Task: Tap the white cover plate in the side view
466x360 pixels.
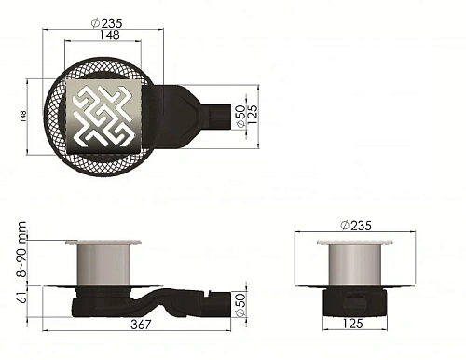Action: [x=103, y=243]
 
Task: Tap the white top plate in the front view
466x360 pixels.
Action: [x=354, y=242]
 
